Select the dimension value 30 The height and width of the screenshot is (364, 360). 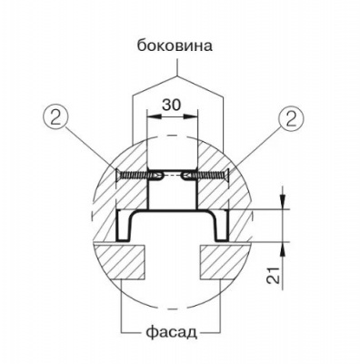click(x=171, y=106)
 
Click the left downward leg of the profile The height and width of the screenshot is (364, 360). click(x=122, y=226)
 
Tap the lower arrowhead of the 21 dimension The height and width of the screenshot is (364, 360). click(x=284, y=248)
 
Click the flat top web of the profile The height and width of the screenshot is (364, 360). click(x=171, y=212)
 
